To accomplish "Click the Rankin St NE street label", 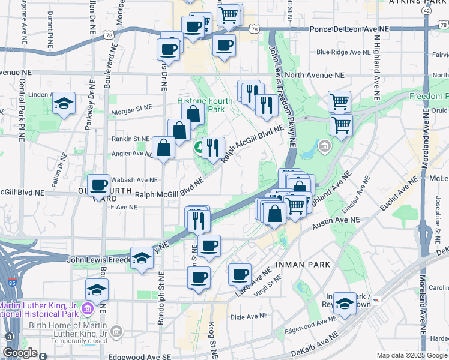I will point(129,139).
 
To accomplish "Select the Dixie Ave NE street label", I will point(249,316).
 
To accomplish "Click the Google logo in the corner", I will point(20,353).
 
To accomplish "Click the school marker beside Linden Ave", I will point(64,103).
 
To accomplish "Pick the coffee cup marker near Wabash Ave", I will point(99,184).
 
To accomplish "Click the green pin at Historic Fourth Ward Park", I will point(197,146).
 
